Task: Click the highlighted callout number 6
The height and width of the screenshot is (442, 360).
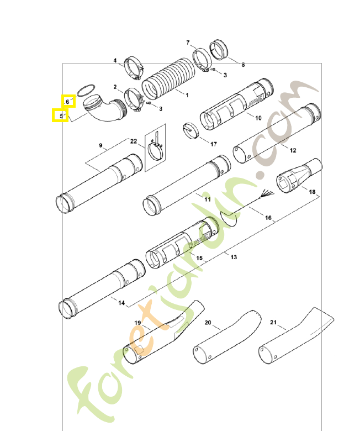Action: pos(68,101)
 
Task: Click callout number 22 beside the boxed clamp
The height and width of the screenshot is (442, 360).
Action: pos(134,141)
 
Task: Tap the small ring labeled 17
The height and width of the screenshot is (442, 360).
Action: pos(190,131)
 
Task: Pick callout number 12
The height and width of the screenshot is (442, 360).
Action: pos(293,150)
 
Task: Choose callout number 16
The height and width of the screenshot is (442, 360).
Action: pos(268,218)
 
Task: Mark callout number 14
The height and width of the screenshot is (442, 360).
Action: pos(121,303)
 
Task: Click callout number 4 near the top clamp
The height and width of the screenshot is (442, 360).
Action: pos(115,60)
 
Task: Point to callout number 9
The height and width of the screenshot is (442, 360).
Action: pos(100,145)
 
